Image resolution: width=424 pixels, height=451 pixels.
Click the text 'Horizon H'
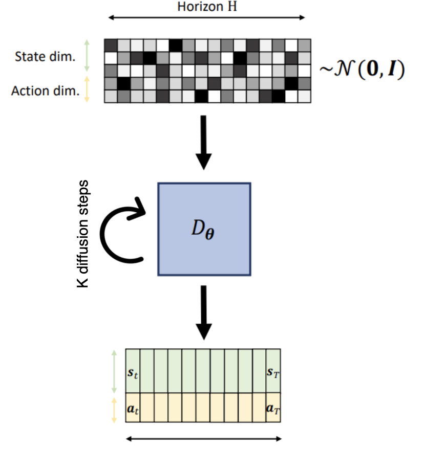[207, 7]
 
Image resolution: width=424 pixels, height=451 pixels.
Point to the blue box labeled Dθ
[204, 228]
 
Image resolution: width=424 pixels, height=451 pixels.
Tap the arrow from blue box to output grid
[204, 312]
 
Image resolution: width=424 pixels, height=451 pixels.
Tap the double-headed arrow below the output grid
[204, 439]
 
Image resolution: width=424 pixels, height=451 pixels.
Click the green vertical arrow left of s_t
[114, 370]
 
